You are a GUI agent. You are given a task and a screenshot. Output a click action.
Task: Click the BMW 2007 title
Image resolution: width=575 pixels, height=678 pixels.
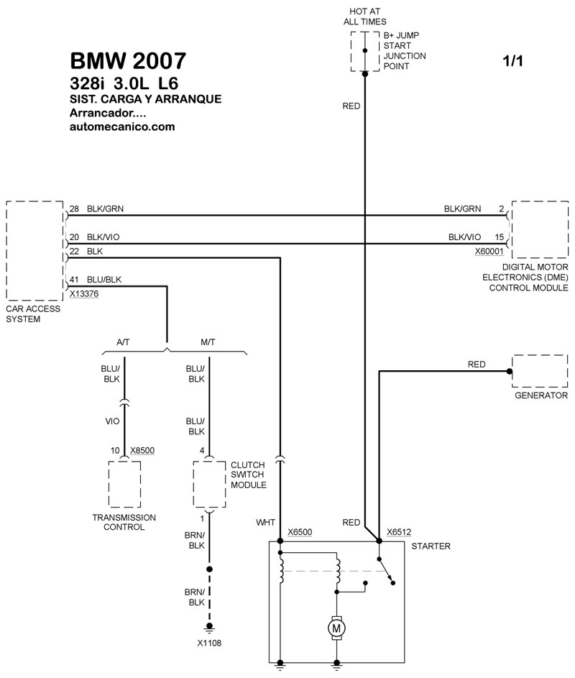[x=129, y=61]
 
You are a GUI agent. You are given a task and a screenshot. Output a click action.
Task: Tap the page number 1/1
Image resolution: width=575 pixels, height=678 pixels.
[x=513, y=62]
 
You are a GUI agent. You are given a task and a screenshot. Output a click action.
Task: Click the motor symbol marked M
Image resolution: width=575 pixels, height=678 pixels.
[x=336, y=629]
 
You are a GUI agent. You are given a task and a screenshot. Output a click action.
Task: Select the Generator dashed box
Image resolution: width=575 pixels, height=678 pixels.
[x=540, y=371]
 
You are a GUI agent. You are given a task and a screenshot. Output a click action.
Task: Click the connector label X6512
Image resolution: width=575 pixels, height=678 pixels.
[x=399, y=533]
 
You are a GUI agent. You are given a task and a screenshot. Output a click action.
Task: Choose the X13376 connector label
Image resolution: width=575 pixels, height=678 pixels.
[x=84, y=293]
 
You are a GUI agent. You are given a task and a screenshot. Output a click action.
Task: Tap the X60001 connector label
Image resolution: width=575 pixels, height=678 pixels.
[x=489, y=252]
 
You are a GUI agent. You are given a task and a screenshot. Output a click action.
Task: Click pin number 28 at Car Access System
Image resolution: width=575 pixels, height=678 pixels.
[x=74, y=209]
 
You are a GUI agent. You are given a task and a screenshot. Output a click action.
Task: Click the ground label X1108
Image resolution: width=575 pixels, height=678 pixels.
[x=210, y=643]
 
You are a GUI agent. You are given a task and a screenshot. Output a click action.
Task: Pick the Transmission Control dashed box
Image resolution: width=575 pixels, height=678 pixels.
[x=124, y=485]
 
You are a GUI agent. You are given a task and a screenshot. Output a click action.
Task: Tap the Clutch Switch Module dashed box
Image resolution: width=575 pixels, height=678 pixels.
[x=209, y=485]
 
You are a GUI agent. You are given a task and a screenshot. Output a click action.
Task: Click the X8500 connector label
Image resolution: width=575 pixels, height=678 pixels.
[x=142, y=451]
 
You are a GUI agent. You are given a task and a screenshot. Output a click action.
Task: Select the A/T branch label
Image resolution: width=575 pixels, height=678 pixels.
[x=124, y=342]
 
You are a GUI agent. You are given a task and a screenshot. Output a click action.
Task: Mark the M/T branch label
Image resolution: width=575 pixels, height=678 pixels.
[x=209, y=342]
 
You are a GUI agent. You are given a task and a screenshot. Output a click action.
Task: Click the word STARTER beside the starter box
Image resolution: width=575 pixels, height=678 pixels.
[x=431, y=546]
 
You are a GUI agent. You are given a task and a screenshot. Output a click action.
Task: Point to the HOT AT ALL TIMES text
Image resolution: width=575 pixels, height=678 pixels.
[x=365, y=16]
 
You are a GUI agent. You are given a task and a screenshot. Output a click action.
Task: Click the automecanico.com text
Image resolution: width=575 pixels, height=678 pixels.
[x=123, y=127]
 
